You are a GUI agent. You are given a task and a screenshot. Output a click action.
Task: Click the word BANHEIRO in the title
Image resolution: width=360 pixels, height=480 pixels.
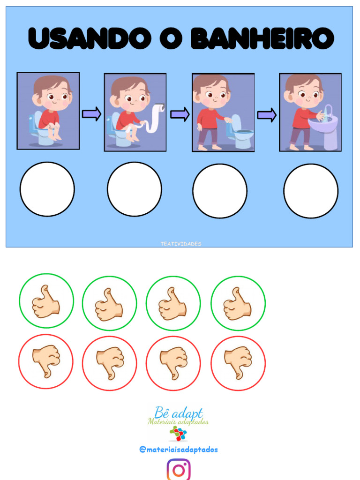(262, 38)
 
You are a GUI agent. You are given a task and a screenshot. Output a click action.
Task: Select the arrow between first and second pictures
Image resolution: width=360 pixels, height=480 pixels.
(91, 114)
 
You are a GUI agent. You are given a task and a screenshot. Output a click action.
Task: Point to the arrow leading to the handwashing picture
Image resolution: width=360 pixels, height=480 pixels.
(267, 115)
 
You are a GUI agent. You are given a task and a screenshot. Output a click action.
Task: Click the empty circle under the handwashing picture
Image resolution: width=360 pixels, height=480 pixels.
(311, 191)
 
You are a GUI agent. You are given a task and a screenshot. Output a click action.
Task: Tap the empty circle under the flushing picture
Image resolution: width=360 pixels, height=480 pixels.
(220, 191)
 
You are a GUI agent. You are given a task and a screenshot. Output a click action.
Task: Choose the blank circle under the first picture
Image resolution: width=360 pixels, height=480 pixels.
(47, 189)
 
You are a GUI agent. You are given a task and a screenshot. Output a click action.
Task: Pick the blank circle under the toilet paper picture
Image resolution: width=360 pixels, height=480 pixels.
(135, 189)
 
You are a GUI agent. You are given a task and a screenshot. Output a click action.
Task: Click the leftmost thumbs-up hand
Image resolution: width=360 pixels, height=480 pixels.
(45, 302)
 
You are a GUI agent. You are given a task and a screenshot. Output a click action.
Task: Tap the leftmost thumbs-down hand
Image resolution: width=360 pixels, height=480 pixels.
(46, 361)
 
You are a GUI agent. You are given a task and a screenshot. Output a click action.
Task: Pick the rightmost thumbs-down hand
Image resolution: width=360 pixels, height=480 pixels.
(238, 363)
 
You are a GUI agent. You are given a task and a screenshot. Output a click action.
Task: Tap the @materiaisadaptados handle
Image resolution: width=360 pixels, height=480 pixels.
(179, 450)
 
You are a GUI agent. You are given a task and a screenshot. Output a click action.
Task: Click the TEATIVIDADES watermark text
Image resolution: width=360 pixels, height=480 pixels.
(181, 244)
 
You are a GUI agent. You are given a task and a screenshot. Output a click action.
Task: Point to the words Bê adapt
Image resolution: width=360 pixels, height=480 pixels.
(179, 412)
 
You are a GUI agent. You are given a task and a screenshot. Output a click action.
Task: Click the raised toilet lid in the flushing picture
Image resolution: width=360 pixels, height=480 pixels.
(236, 122)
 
